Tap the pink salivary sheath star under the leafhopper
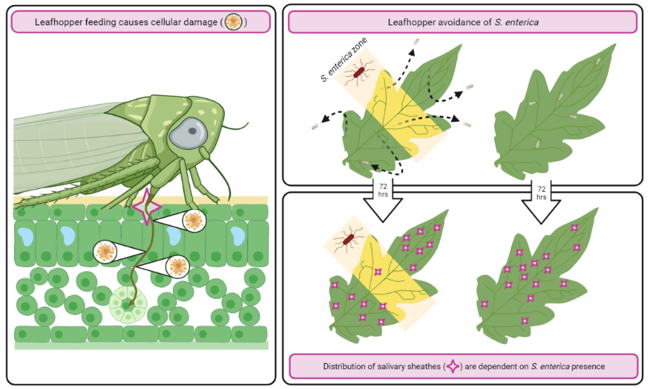click(148, 206)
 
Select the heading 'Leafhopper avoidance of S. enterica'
click(462, 22)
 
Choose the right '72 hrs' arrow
click(541, 197)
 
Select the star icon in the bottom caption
click(452, 366)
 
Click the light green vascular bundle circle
click(127, 304)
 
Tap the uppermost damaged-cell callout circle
click(193, 221)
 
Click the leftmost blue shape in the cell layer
click(25, 234)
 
